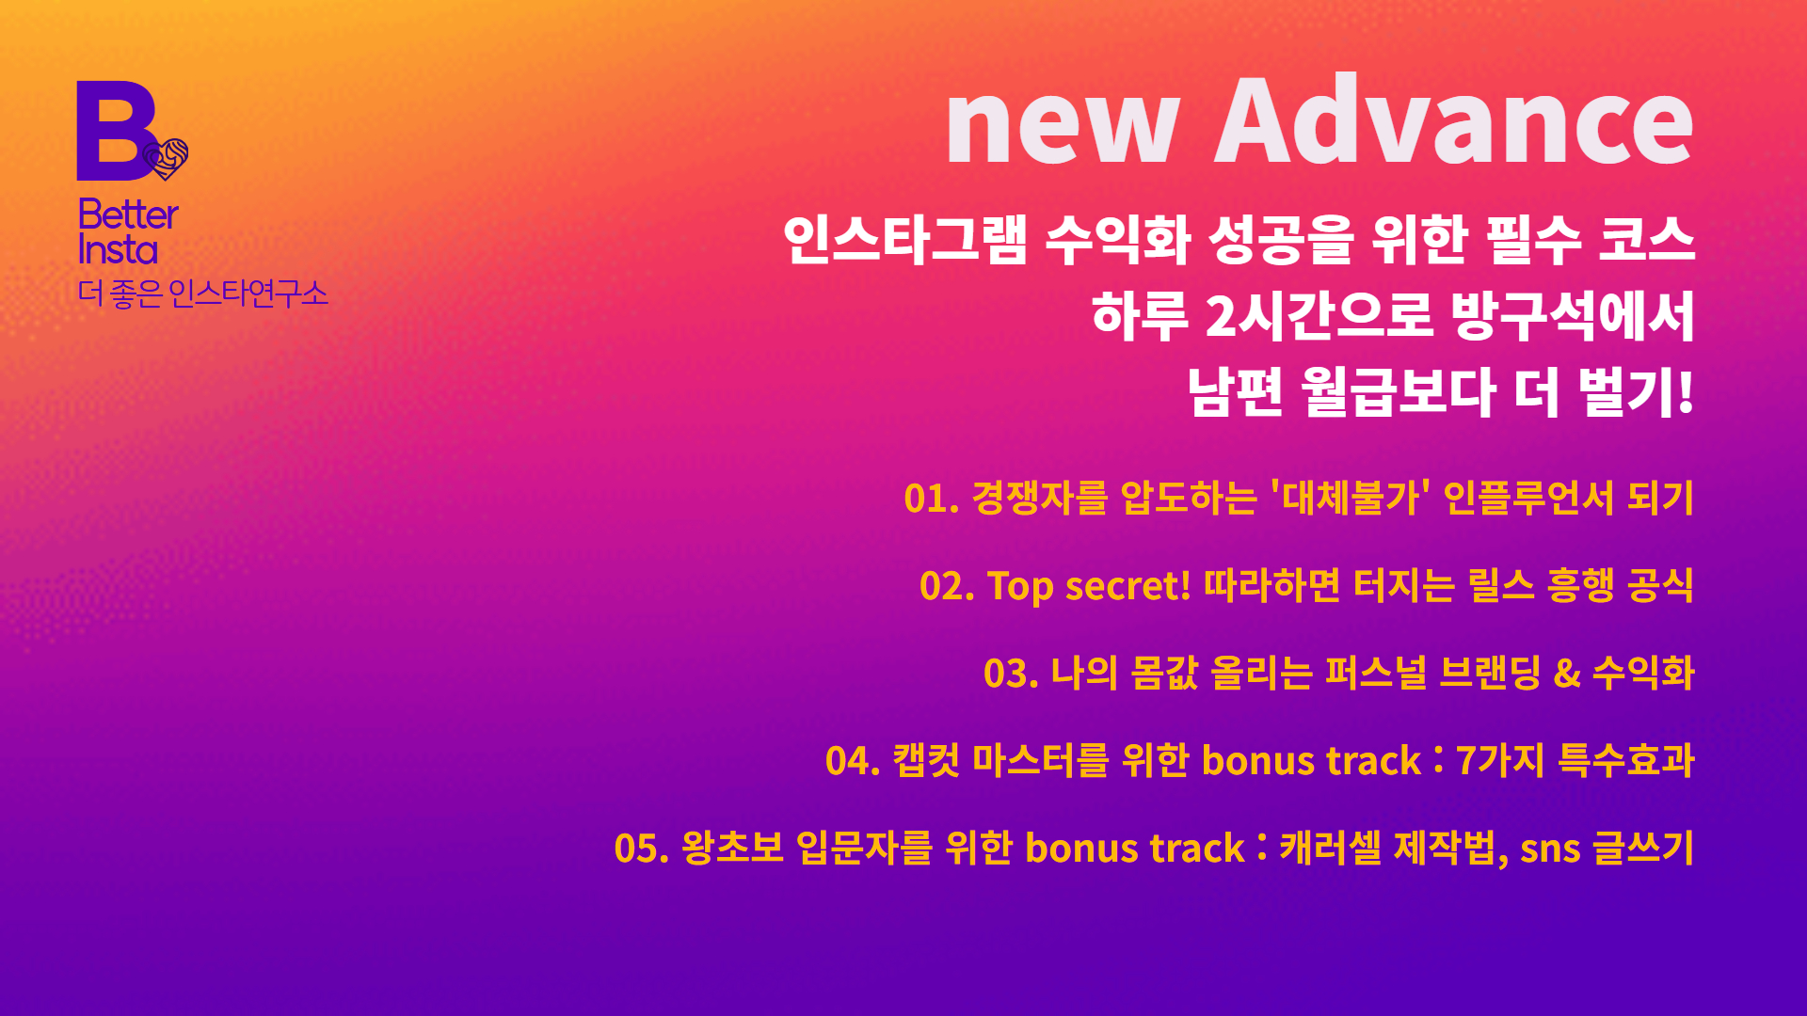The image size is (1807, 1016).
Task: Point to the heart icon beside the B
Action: point(168,158)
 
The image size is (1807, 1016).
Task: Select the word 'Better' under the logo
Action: point(128,214)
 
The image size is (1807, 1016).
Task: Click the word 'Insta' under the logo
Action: point(118,250)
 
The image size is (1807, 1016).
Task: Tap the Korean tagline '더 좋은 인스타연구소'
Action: point(202,294)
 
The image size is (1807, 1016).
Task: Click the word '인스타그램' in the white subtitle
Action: point(904,239)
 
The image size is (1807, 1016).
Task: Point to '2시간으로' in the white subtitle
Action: point(1319,315)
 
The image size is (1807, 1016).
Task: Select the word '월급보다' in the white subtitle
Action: point(1399,391)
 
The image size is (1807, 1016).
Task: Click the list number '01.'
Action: point(931,499)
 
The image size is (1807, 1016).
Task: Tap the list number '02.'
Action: point(946,586)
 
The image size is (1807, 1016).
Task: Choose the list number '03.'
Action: point(1010,674)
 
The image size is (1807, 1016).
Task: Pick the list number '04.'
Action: point(852,761)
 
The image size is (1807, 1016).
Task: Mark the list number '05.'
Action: point(641,849)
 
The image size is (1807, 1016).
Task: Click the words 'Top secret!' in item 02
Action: point(1088,586)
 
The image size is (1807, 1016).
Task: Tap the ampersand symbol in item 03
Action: point(1567,674)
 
